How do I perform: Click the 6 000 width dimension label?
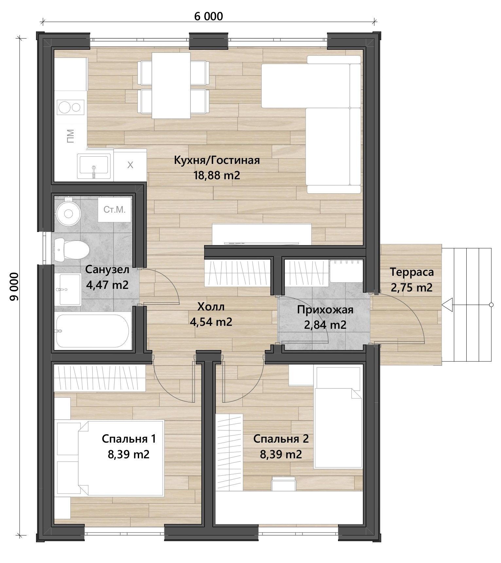click(x=208, y=16)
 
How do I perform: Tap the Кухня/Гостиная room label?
click(x=217, y=160)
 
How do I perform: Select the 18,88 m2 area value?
click(x=217, y=175)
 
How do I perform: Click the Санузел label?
click(x=107, y=270)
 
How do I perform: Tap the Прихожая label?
click(x=325, y=310)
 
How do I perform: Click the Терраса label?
click(x=412, y=272)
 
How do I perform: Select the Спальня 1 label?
click(x=129, y=439)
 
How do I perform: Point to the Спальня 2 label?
click(x=281, y=439)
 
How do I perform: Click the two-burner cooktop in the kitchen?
click(x=71, y=107)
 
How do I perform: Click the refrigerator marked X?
click(x=130, y=165)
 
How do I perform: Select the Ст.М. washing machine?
click(x=115, y=210)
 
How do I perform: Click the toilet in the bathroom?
click(x=72, y=250)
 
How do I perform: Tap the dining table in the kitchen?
click(x=171, y=86)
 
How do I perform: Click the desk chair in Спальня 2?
click(x=284, y=483)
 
